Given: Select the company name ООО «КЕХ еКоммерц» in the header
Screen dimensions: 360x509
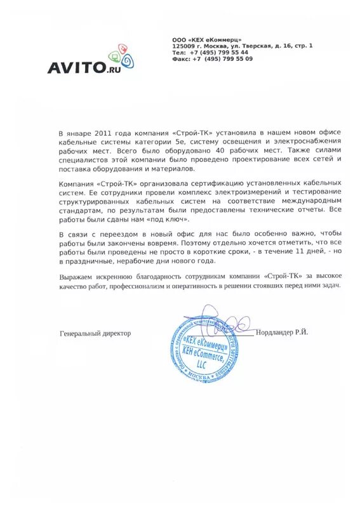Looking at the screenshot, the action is (x=206, y=39).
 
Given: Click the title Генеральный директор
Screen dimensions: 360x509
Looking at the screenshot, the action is (x=95, y=333).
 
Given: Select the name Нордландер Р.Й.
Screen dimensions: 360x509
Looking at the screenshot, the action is (x=283, y=332).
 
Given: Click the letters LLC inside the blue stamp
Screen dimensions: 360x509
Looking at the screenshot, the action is (x=202, y=366).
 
